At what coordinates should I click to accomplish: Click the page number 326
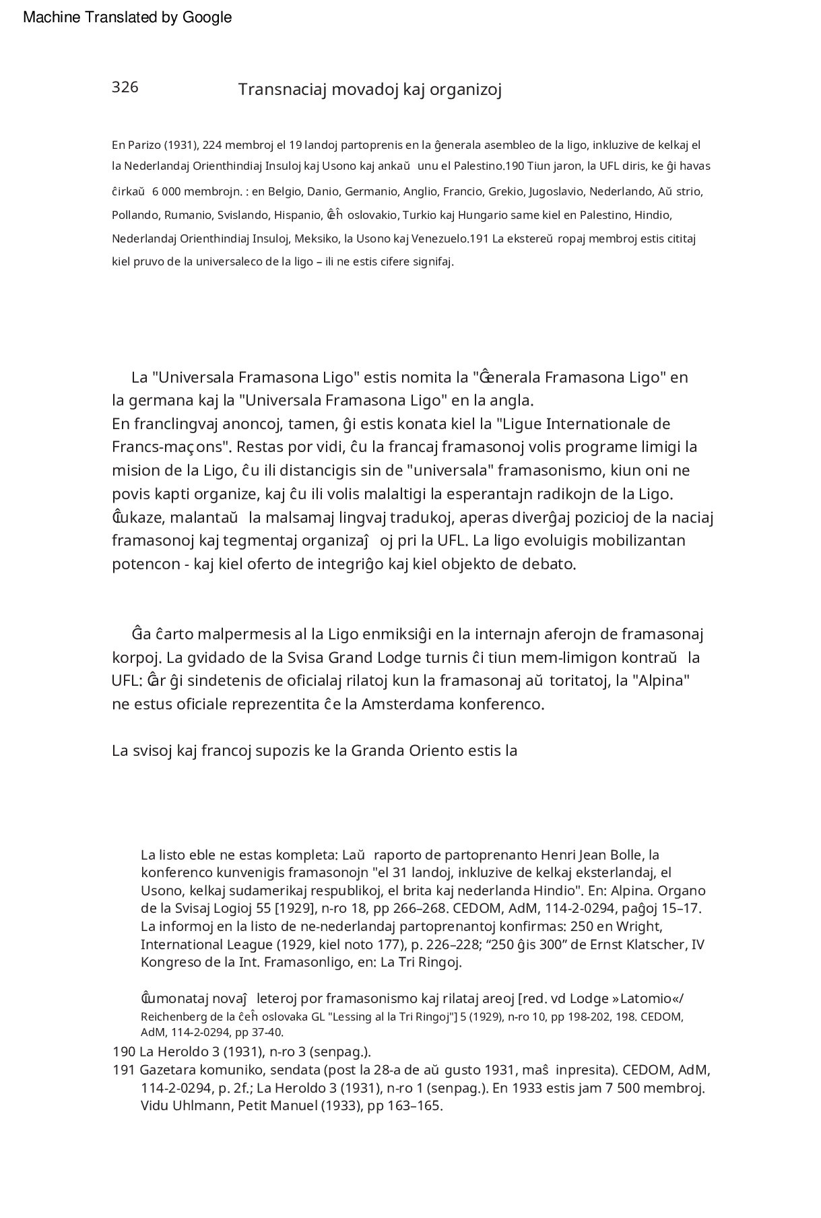tap(125, 88)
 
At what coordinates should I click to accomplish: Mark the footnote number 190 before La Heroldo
tap(124, 1052)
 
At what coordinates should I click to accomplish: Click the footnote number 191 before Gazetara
tap(124, 1070)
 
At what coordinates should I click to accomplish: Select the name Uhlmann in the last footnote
tap(202, 1106)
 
